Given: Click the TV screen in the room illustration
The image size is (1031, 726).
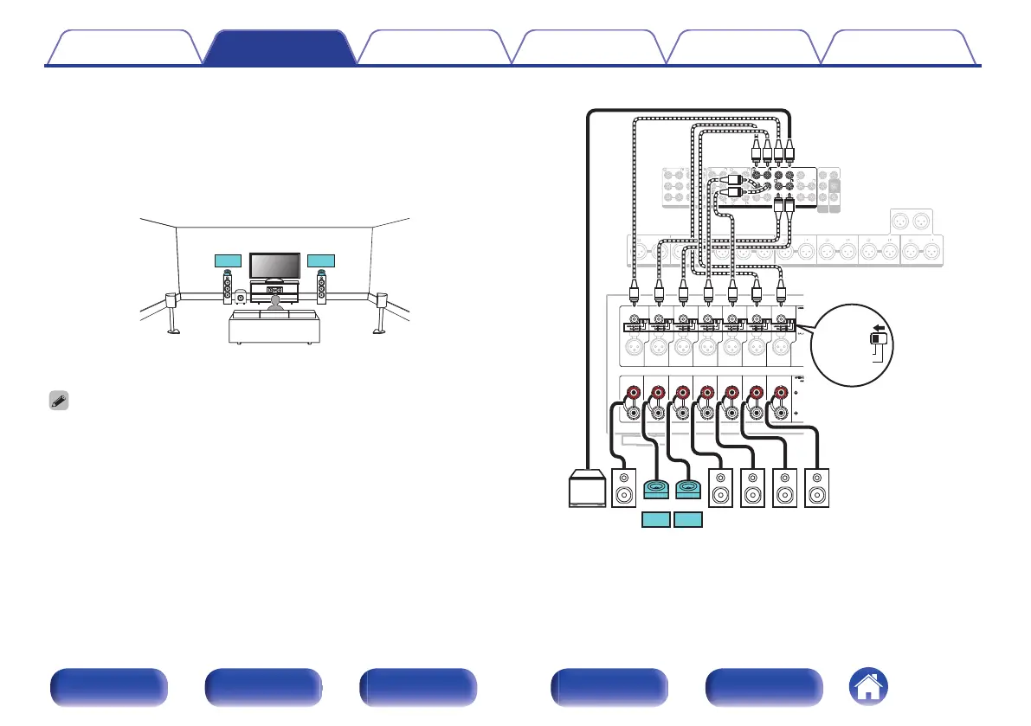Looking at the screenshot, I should [274, 267].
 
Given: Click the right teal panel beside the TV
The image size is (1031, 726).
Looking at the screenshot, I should [322, 260].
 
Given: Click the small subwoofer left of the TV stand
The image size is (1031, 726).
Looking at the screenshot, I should [240, 299].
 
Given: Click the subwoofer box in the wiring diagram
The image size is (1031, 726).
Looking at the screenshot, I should [587, 489].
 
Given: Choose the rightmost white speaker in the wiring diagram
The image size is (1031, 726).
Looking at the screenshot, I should [816, 489].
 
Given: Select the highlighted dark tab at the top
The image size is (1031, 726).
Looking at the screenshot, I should [280, 48].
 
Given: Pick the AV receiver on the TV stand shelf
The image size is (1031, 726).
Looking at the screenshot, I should [274, 290].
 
